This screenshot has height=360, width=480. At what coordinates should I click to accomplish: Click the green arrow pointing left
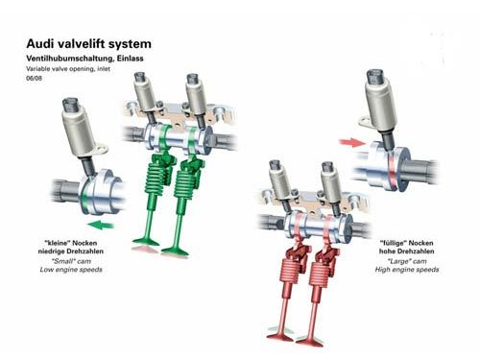pos(101,225)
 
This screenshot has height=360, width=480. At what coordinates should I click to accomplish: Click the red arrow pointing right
pos(352,142)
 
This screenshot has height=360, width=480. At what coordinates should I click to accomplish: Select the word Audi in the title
pos(38,43)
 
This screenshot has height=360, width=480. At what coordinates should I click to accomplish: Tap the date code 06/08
pos(34,78)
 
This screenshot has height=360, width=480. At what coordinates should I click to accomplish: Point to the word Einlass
pos(131,59)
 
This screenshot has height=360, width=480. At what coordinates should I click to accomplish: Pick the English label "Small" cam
pos(71,261)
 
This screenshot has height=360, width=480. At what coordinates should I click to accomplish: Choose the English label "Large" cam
pos(407,261)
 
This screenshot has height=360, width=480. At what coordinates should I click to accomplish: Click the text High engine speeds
pos(407,270)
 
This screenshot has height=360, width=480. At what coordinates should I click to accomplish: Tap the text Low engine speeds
pos(71,270)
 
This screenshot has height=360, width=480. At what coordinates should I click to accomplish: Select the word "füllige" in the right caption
pos(393,243)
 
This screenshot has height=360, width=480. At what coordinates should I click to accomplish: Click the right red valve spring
pos(320,273)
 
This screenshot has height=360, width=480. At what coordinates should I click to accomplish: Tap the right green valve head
pos(176,252)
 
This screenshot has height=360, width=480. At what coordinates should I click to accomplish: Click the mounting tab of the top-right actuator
pos(365,122)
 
